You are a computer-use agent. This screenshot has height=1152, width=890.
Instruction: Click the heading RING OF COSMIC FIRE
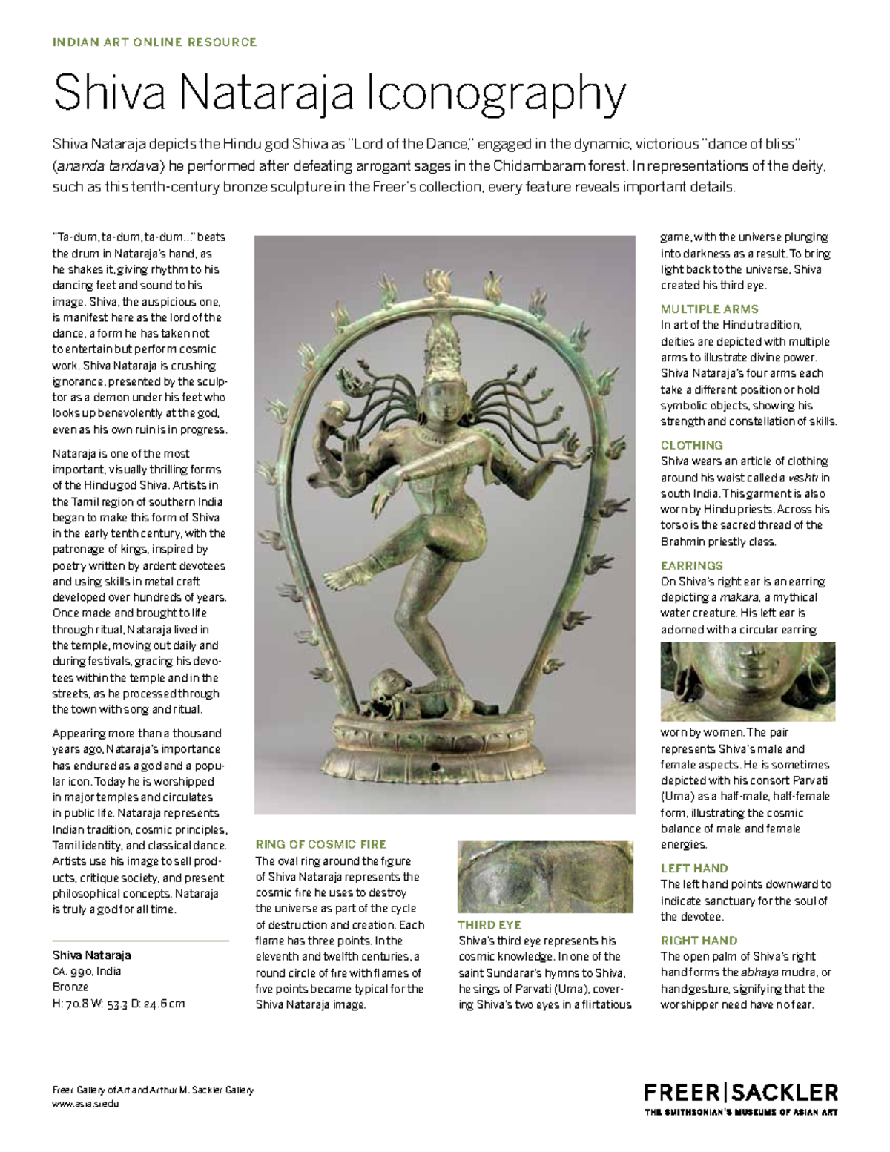[x=320, y=844]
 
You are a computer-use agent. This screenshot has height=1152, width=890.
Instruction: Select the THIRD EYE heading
[x=489, y=925]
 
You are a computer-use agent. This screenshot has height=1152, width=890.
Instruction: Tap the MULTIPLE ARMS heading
[x=709, y=309]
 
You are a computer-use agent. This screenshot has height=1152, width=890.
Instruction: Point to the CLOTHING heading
[x=691, y=445]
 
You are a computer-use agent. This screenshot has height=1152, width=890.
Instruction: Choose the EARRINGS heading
[x=691, y=565]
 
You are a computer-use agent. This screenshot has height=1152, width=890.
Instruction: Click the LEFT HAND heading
[x=694, y=868]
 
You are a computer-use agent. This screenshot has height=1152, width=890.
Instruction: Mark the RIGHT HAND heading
[x=699, y=941]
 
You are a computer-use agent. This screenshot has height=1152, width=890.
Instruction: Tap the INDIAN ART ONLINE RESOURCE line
[x=154, y=42]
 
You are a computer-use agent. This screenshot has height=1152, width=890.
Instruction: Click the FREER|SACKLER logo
[x=740, y=1093]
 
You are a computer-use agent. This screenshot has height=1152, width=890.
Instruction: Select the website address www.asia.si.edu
[x=85, y=1103]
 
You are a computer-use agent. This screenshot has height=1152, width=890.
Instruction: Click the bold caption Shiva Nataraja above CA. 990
[x=91, y=955]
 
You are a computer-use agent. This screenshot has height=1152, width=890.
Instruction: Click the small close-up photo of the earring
[x=748, y=681]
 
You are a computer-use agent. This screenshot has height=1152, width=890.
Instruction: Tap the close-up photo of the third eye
[x=545, y=876]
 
